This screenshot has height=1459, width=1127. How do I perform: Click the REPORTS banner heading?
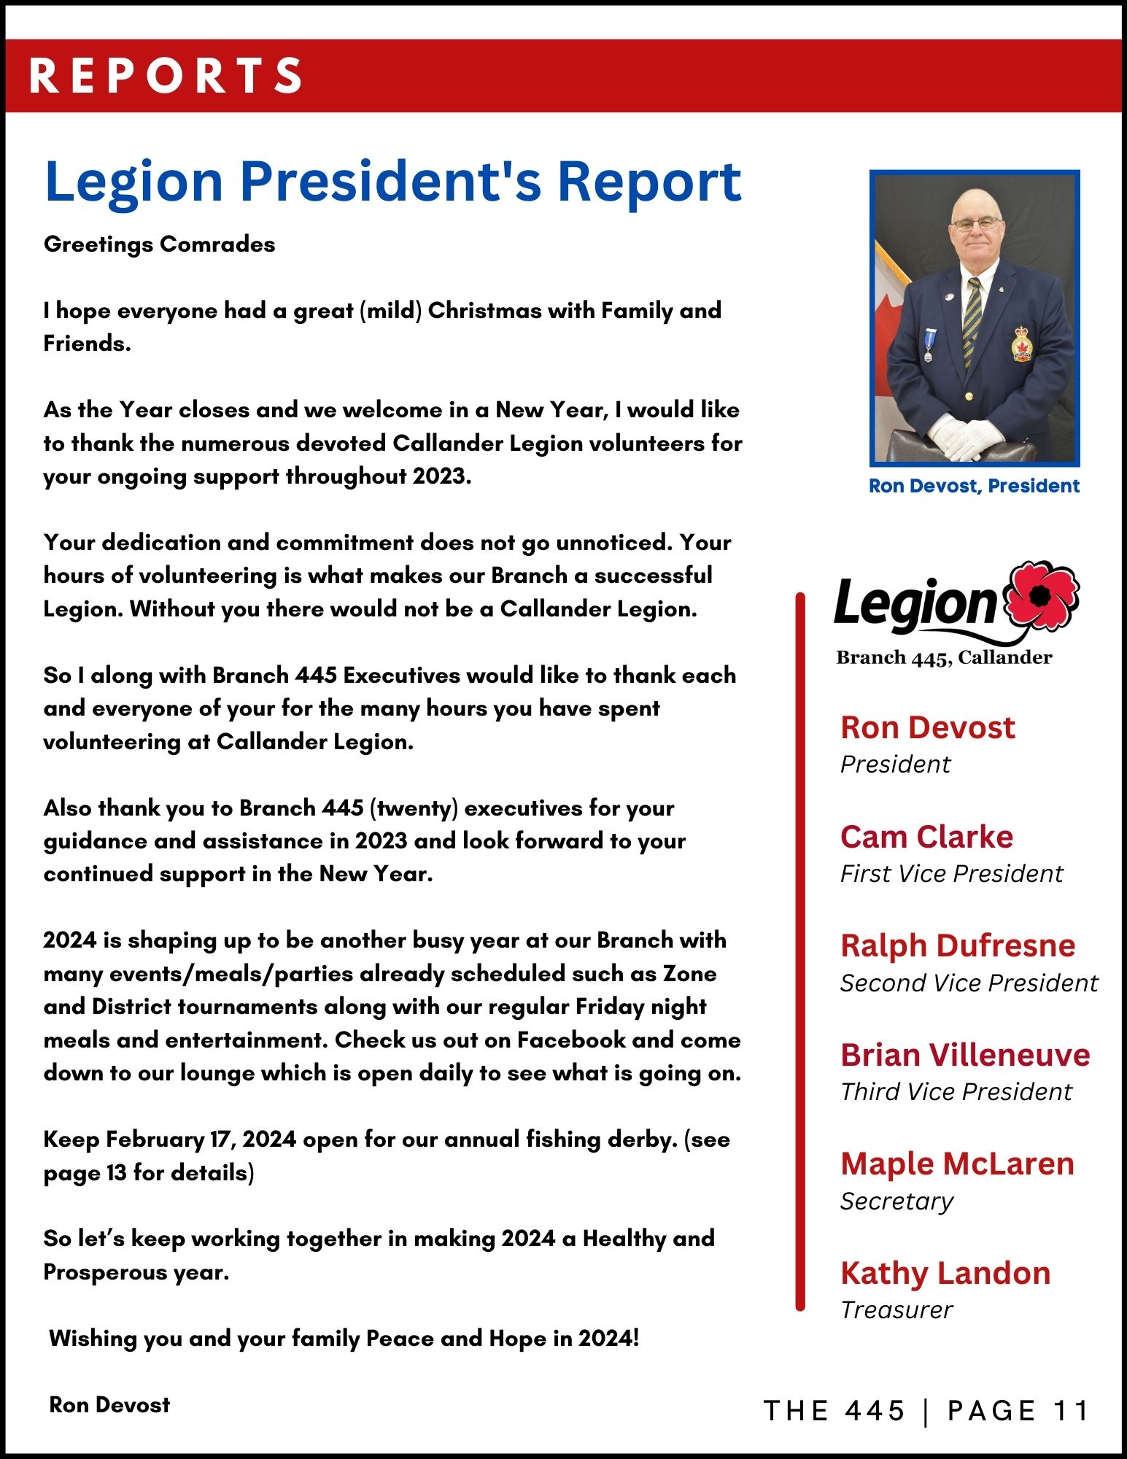click(x=166, y=75)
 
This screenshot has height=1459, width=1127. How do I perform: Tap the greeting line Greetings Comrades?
click(x=159, y=244)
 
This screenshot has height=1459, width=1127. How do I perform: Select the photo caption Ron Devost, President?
click(x=974, y=486)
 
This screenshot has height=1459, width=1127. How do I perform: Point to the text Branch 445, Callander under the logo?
click(x=944, y=657)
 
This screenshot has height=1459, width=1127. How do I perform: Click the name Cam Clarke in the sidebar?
click(x=926, y=837)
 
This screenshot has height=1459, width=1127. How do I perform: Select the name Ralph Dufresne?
click(x=957, y=945)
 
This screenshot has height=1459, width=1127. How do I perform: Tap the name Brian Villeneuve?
click(x=964, y=1055)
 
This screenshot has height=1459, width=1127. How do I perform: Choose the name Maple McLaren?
click(x=957, y=1164)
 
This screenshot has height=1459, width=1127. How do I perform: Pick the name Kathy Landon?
click(x=945, y=1273)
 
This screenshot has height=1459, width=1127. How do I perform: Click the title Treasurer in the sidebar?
click(x=896, y=1310)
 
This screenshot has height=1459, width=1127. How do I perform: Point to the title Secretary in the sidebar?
click(x=896, y=1201)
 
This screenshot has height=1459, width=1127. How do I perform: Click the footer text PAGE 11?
click(x=1018, y=1411)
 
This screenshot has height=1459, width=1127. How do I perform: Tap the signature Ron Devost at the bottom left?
click(x=109, y=1405)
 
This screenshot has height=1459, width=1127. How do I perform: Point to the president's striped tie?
click(x=971, y=321)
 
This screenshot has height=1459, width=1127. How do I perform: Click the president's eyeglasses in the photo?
click(x=977, y=223)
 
